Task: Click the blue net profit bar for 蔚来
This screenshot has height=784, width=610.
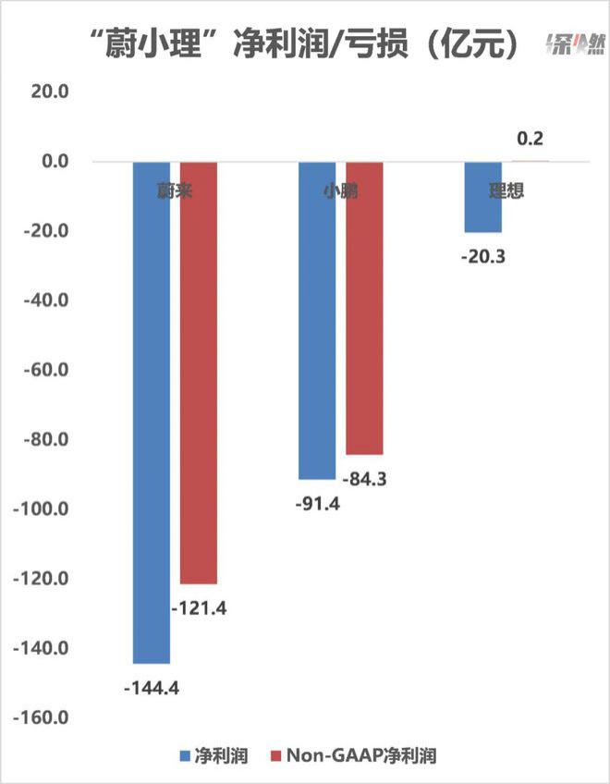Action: click(x=152, y=411)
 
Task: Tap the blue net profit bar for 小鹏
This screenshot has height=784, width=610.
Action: click(x=317, y=319)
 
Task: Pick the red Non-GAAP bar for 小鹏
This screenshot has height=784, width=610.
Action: click(x=363, y=307)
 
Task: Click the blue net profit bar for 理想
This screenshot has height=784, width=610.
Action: click(x=482, y=196)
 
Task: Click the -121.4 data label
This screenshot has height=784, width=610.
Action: click(x=199, y=608)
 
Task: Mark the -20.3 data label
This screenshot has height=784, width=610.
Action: click(x=483, y=257)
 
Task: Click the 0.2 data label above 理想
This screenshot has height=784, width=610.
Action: click(x=530, y=140)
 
